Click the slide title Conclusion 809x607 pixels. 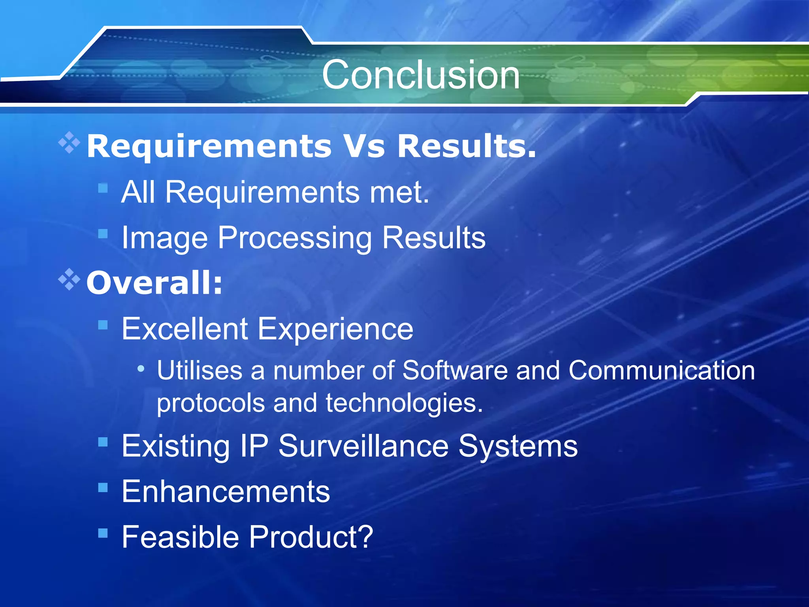pyautogui.click(x=420, y=75)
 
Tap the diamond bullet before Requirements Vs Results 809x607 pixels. pyautogui.click(x=69, y=142)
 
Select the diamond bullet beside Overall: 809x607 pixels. pyautogui.click(x=69, y=279)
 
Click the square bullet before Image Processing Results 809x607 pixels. pyautogui.click(x=103, y=234)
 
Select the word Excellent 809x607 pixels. pyautogui.click(x=184, y=329)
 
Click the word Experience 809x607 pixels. pyautogui.click(x=335, y=330)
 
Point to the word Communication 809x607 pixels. pyautogui.click(x=661, y=371)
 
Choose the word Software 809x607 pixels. pyautogui.click(x=455, y=371)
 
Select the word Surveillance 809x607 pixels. pyautogui.click(x=363, y=446)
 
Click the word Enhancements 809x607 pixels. pyautogui.click(x=226, y=492)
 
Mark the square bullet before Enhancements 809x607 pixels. pyautogui.click(x=103, y=488)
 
